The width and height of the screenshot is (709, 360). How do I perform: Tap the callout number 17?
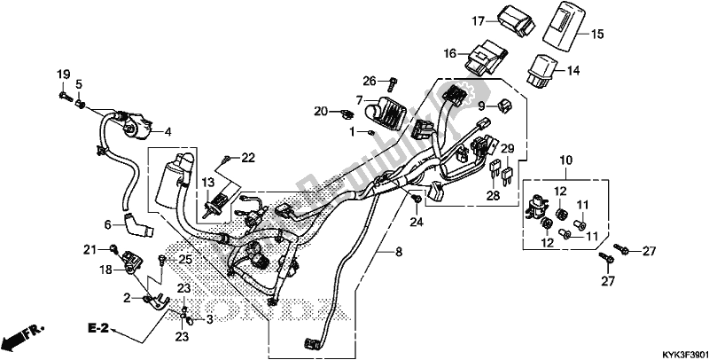475,20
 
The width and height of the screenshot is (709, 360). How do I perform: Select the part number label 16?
450,53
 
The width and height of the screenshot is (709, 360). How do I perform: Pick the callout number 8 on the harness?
399,253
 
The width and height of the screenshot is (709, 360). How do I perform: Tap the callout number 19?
63,72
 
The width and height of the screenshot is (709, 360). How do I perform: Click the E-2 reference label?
98,328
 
